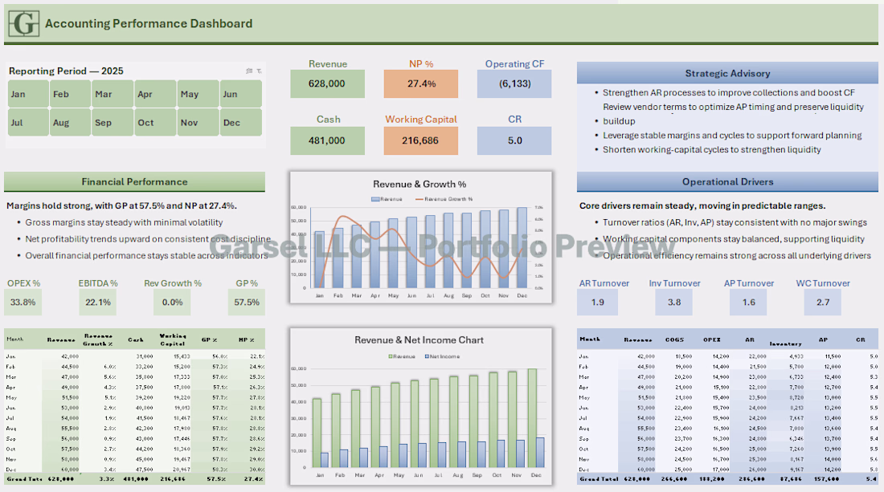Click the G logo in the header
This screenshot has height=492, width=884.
point(23,23)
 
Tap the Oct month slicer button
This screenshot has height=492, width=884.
point(153,123)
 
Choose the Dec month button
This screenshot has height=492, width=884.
point(240,123)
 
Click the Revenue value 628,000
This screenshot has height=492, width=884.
point(327,83)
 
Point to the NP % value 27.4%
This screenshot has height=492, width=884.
point(421,83)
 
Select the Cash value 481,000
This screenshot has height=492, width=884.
point(327,140)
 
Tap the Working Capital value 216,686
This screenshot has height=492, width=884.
point(421,140)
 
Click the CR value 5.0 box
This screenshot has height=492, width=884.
point(514,140)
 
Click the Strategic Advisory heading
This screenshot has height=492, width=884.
point(727,74)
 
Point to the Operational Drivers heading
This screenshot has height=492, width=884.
point(727,182)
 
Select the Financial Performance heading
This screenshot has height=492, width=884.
point(134,182)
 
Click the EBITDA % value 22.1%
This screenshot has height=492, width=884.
point(98,302)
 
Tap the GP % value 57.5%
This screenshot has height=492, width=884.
point(246,302)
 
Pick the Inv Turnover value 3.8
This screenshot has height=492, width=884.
point(673,302)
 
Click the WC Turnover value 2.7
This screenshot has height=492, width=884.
point(822,302)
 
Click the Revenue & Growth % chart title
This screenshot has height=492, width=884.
point(419,185)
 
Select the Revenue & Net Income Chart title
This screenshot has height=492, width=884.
point(419,340)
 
